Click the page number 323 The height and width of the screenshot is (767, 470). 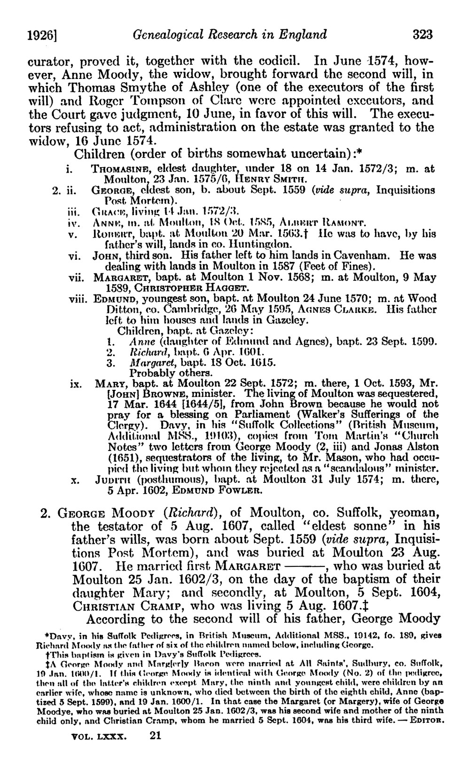click(x=422, y=35)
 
